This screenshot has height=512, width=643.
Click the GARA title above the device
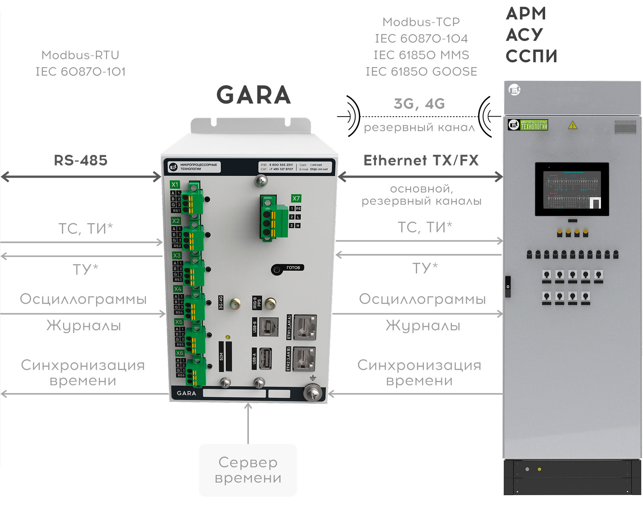[253, 95]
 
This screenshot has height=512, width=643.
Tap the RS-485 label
[81, 160]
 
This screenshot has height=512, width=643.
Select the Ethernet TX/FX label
[421, 160]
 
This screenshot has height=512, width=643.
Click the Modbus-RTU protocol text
[80, 55]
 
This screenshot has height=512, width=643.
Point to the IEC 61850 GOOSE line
[421, 71]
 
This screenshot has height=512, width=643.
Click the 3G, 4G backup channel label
[419, 104]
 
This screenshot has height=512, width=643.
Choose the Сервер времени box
[248, 470]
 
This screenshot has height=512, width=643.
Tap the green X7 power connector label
[296, 198]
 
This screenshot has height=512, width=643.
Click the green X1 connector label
[175, 185]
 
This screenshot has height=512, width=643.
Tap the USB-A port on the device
[266, 358]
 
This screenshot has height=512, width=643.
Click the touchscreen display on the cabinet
[572, 189]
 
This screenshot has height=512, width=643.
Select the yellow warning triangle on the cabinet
[572, 125]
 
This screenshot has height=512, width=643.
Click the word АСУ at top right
[524, 35]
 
